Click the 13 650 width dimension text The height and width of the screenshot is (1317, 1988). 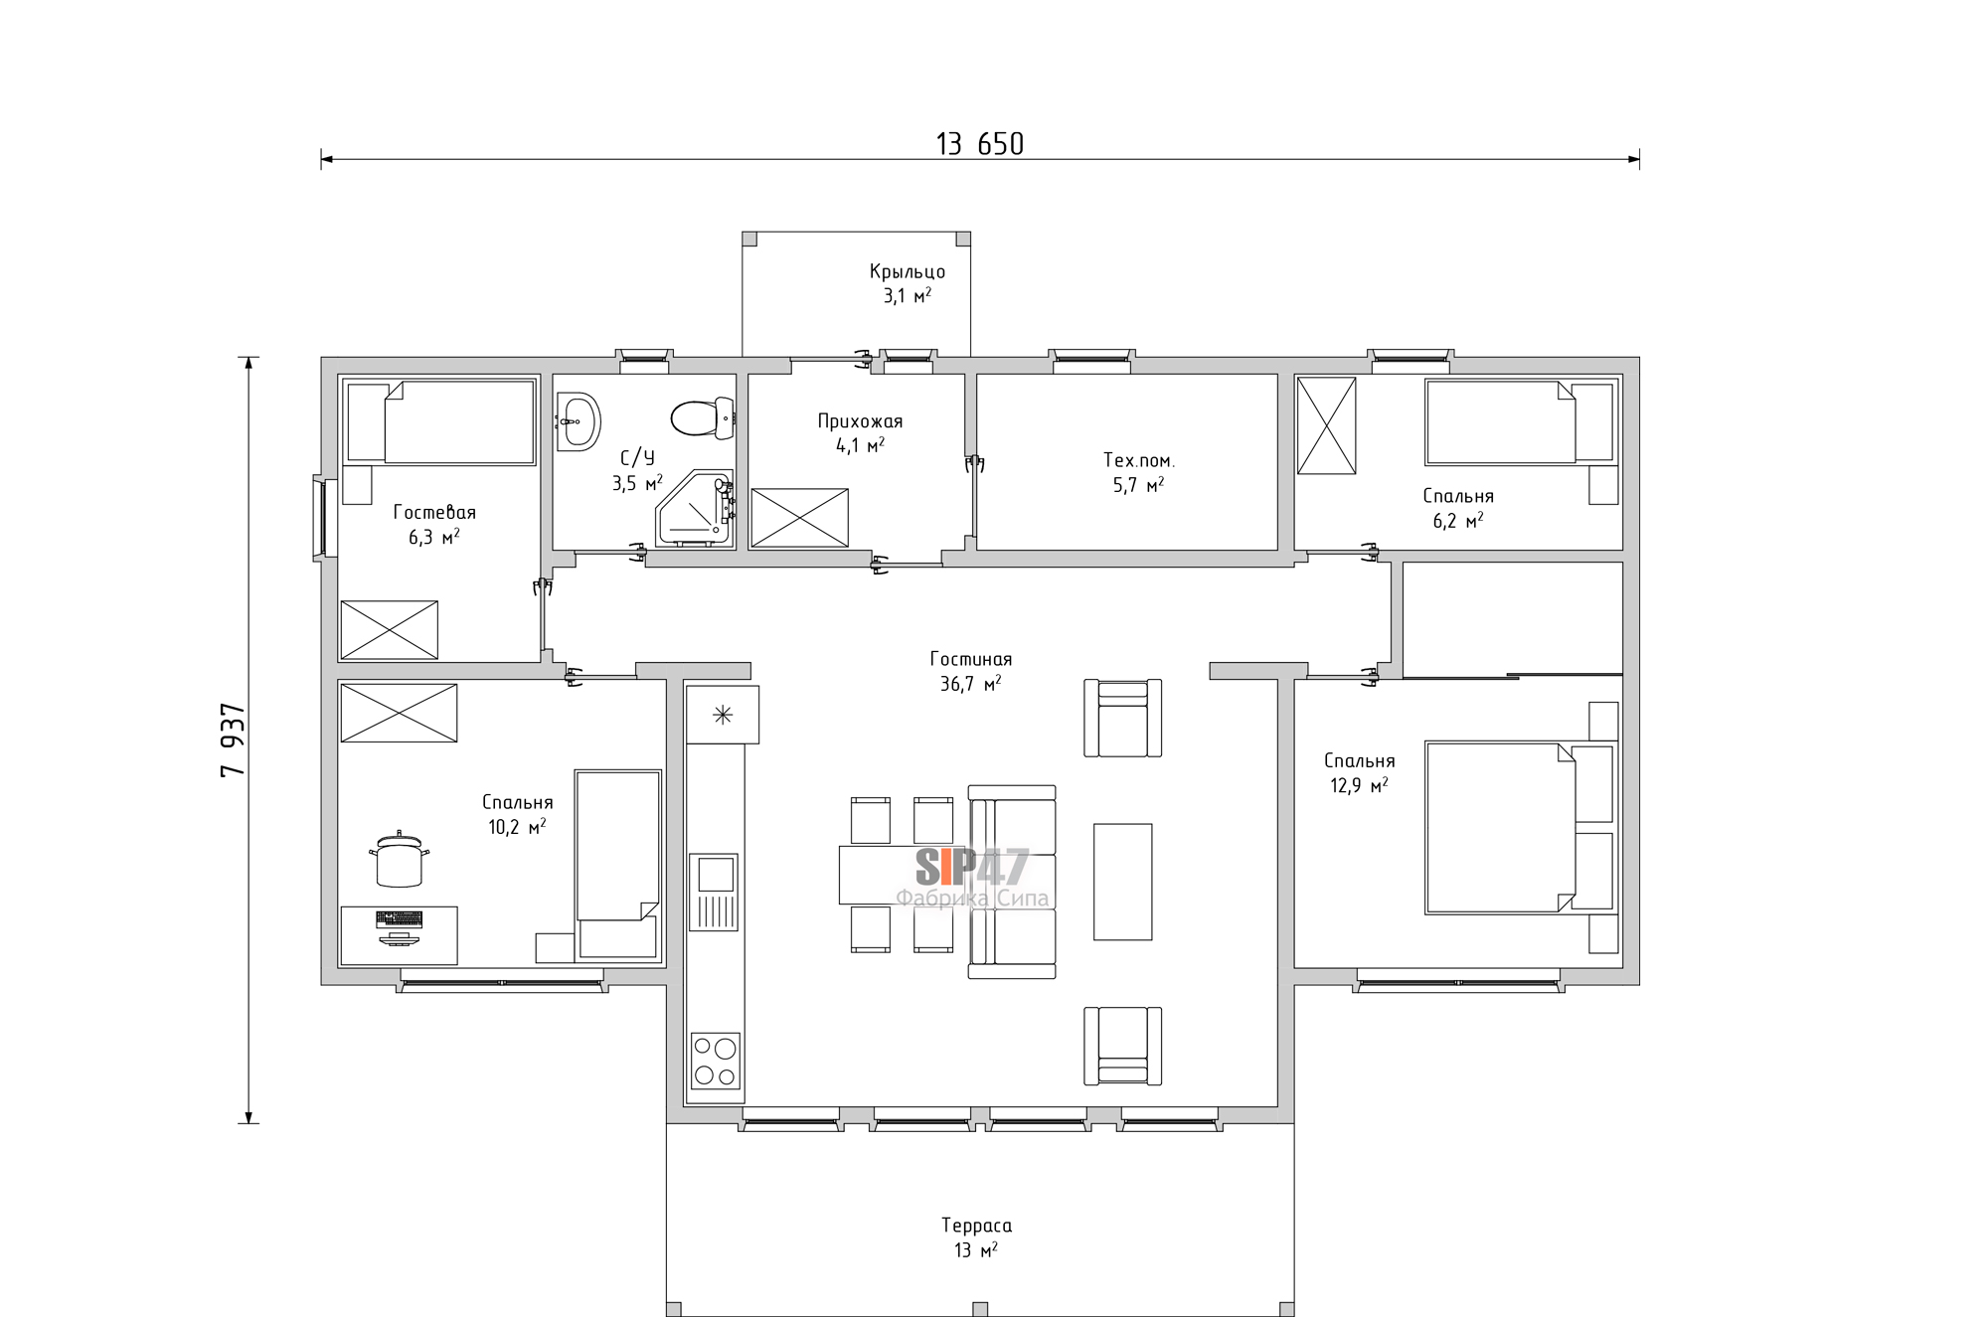tap(979, 145)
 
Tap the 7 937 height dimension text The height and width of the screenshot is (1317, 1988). tap(233, 741)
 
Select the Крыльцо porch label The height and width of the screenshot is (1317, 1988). tap(908, 271)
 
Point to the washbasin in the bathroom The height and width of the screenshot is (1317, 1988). tap(578, 421)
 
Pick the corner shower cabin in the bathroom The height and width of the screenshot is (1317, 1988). tap(695, 509)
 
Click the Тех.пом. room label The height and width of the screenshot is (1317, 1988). tap(1138, 460)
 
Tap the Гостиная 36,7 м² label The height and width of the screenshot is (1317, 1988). tap(971, 671)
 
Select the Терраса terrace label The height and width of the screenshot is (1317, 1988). tap(976, 1226)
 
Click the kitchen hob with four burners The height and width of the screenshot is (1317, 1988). tap(716, 1062)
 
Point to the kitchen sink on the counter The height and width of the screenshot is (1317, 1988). tap(715, 892)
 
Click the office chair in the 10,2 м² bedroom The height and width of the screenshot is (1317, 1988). tap(400, 859)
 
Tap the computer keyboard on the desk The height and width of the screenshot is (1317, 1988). tap(399, 919)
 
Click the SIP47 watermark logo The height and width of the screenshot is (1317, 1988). tap(972, 868)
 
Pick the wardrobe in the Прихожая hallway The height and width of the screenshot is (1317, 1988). tap(800, 517)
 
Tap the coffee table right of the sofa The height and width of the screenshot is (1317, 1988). tap(1123, 882)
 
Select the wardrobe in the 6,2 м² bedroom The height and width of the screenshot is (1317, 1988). tap(1327, 425)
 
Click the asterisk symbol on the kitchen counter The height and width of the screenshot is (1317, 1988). tap(723, 714)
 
